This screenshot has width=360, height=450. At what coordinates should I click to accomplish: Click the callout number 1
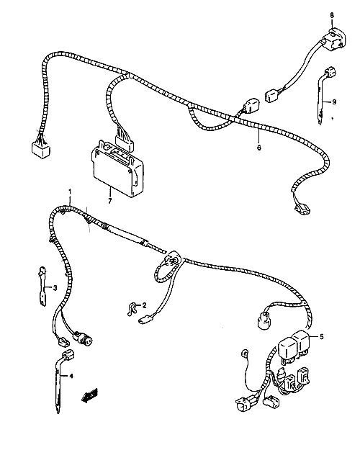point(70,192)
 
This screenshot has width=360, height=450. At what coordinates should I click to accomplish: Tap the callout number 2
point(144,305)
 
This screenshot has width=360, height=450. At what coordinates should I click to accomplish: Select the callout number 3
point(55,287)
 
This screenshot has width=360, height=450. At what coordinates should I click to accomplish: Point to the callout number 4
point(71,376)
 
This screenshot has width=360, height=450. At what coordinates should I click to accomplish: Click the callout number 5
point(322,336)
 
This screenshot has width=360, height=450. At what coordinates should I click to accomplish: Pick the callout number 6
point(259,148)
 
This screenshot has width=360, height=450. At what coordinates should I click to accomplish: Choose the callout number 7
point(109,201)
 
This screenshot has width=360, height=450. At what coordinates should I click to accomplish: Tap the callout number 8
point(332,15)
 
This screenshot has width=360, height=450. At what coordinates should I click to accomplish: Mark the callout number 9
point(334,102)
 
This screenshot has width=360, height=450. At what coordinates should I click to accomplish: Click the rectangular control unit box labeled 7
point(117,169)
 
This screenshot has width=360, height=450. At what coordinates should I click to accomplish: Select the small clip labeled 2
point(132,310)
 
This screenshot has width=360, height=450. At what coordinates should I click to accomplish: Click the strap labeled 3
point(42,286)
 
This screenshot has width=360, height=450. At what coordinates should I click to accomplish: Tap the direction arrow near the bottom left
point(89,396)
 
